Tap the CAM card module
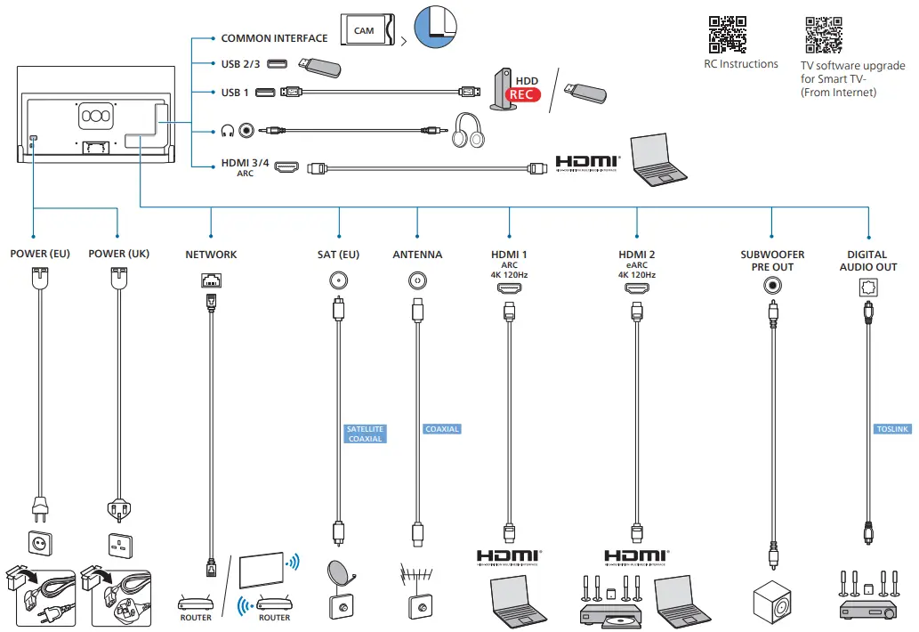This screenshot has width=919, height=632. coord(367,31)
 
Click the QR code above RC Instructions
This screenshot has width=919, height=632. coord(727,35)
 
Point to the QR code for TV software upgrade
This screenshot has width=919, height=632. coord(823,35)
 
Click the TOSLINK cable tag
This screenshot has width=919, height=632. coord(893,429)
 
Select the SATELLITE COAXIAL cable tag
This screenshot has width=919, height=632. coord(366,434)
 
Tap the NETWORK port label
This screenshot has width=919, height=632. coord(211,255)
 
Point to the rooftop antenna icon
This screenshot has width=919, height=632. coord(415,575)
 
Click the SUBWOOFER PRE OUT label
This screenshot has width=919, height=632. coord(772,260)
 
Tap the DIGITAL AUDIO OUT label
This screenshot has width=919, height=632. coord(868,260)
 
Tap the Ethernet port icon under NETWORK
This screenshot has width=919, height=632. coord(211,280)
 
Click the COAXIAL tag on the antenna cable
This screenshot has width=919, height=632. coord(442,429)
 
